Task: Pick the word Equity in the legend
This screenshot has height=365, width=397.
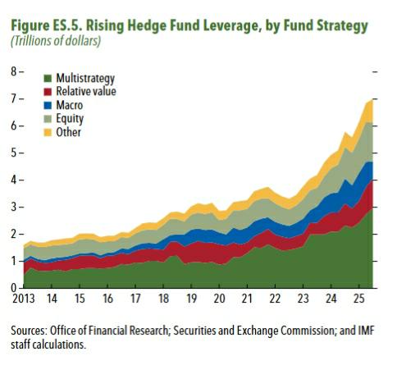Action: pyautogui.click(x=70, y=118)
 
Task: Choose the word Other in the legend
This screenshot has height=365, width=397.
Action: pyautogui.click(x=68, y=131)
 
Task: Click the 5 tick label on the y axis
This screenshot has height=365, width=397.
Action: pyautogui.click(x=11, y=153)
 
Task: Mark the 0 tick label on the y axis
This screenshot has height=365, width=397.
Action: pyautogui.click(x=11, y=288)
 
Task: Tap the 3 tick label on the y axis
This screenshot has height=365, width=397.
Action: pyautogui.click(x=11, y=208)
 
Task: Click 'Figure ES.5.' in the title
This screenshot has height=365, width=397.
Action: pyautogui.click(x=49, y=26)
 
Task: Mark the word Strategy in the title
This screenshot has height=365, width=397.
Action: pyautogui.click(x=335, y=26)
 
